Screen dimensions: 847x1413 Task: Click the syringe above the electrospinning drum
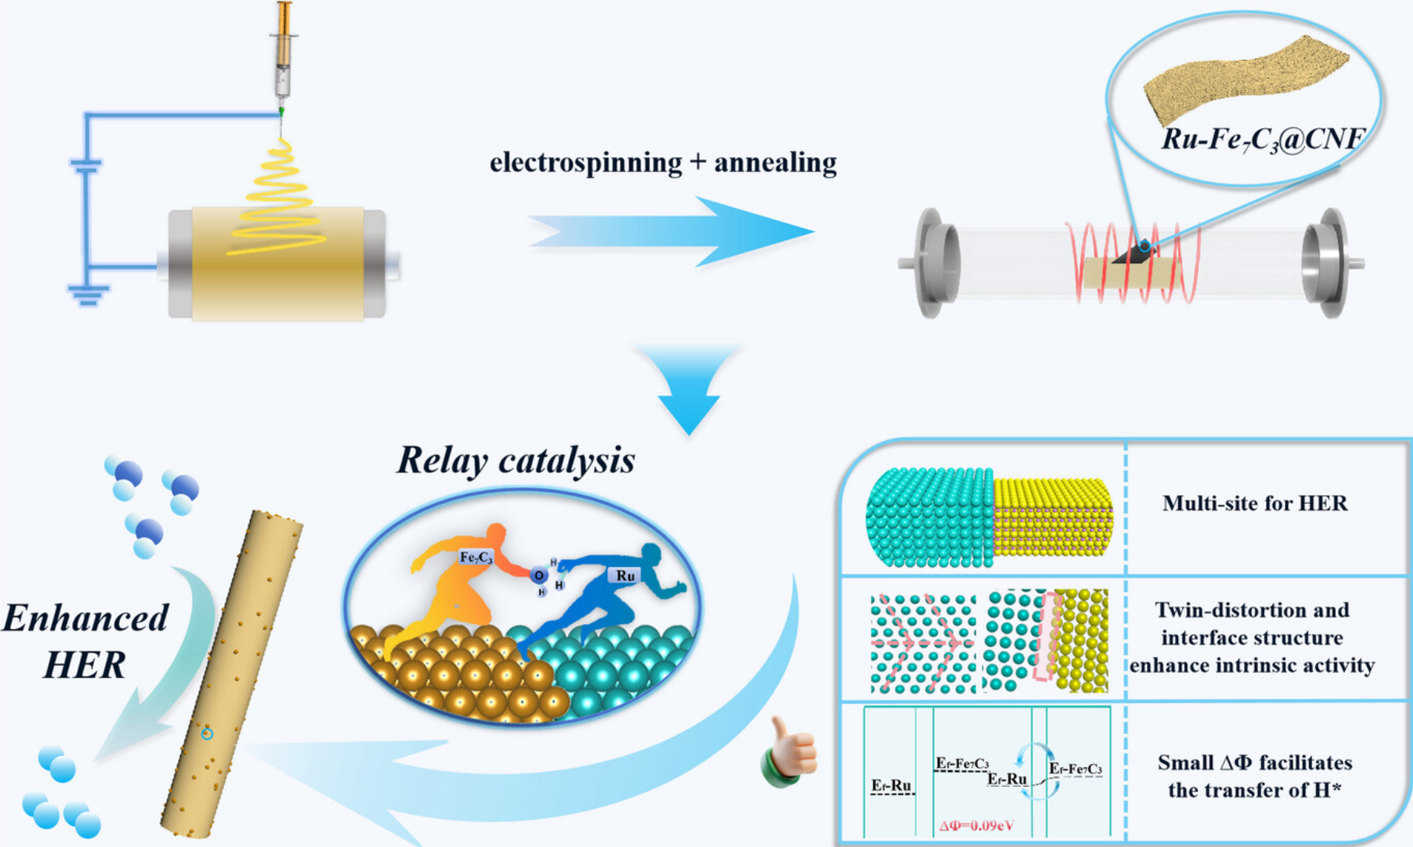tap(283, 56)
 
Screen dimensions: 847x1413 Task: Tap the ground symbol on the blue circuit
tap(87, 295)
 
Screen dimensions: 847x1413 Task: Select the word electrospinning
tap(585, 162)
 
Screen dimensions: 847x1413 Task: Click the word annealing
tap(775, 162)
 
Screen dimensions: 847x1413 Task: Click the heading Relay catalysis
tap(516, 459)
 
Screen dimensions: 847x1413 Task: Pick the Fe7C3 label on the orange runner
tap(475, 557)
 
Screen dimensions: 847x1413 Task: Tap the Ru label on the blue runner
tap(625, 576)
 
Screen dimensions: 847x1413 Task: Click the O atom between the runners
tap(539, 575)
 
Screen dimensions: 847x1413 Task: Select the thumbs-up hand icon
tap(790, 752)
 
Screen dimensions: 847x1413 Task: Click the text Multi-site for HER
tap(1254, 504)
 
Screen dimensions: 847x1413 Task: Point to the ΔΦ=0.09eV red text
tap(976, 826)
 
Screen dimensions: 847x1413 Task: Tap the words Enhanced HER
tap(85, 641)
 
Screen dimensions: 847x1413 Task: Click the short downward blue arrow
tap(689, 389)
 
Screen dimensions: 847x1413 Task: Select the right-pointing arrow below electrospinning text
tap(671, 231)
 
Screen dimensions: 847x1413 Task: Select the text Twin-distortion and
tap(1251, 610)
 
